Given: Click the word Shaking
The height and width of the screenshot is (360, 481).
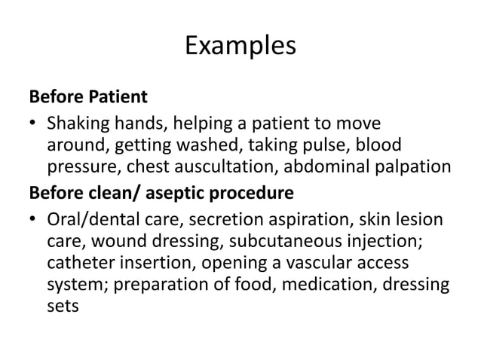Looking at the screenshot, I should (x=73, y=122).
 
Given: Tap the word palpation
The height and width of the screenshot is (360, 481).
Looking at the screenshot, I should (x=413, y=167).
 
